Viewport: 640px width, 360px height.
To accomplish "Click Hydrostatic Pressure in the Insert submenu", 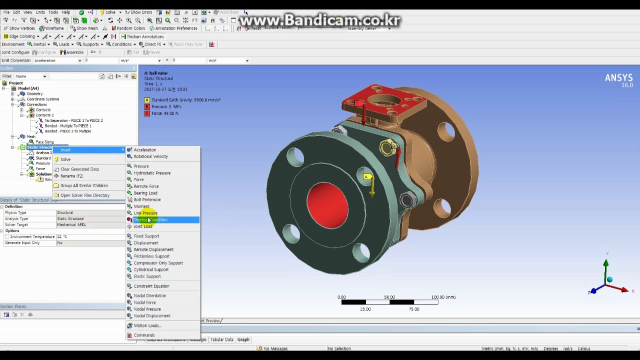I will click(152, 173).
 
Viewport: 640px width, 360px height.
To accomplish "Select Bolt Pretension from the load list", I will click(147, 199).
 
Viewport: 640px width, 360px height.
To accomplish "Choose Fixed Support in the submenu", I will click(146, 236).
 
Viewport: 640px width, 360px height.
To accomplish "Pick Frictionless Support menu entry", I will click(151, 256).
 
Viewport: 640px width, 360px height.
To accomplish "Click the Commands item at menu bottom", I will click(144, 335).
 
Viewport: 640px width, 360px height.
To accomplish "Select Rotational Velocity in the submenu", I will click(150, 156).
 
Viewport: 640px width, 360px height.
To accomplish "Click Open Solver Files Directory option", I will click(84, 195).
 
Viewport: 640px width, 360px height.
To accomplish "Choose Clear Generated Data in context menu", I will click(79, 169).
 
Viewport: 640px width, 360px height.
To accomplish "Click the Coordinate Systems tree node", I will click(42, 99).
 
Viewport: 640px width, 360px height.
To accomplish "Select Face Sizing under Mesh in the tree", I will click(44, 142).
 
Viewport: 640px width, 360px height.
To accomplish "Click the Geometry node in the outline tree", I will click(34, 93).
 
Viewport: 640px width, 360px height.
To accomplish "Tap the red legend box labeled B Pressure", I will click(147, 106).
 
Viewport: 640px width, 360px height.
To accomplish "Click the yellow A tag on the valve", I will click(366, 176).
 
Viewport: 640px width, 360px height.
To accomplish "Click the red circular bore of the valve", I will click(327, 205).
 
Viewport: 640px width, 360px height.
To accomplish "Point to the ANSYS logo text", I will click(618, 78).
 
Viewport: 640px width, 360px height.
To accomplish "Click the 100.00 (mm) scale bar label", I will click(442, 297).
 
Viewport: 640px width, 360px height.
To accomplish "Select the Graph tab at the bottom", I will click(243, 339).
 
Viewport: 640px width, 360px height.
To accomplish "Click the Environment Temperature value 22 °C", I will click(62, 236).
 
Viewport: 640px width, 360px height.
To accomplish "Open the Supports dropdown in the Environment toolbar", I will click(90, 44).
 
